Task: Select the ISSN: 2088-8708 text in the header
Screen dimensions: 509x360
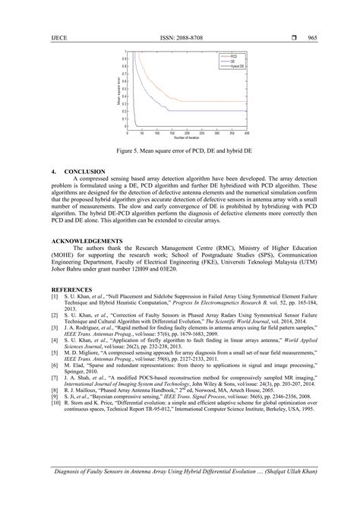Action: point(179,37)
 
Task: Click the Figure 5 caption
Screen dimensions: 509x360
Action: point(179,151)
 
